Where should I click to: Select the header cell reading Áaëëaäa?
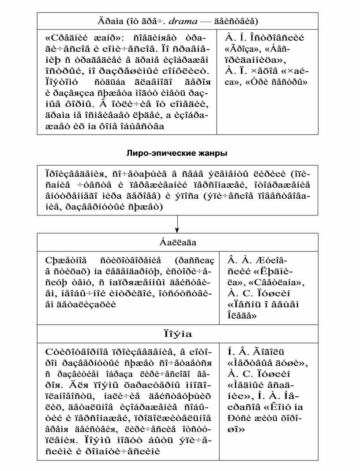click(x=177, y=242)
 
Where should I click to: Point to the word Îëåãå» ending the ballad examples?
click(x=241, y=314)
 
